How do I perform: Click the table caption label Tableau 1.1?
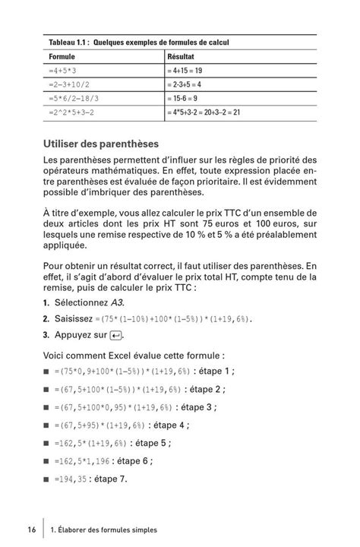click(x=66, y=42)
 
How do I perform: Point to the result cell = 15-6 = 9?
click(x=186, y=98)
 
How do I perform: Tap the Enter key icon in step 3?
click(x=115, y=335)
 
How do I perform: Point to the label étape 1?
click(x=212, y=372)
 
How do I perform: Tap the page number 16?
click(x=30, y=529)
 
